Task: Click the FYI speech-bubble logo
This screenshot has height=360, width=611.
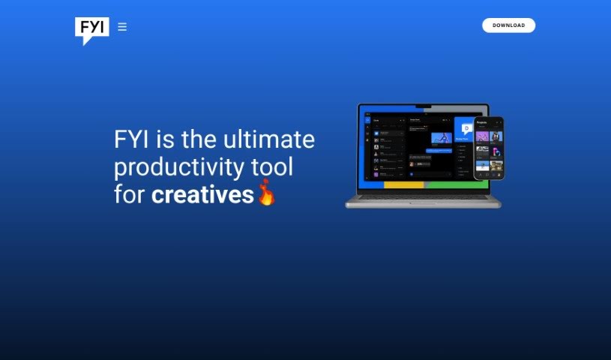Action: [x=91, y=28]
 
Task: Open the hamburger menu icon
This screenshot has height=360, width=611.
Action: [x=122, y=27]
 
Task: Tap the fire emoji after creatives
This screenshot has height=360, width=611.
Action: [x=266, y=193]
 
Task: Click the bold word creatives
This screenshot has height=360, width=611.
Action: [x=202, y=195]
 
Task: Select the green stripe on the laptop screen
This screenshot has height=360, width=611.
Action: [x=450, y=184]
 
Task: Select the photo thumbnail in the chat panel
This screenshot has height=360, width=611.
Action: [x=441, y=138]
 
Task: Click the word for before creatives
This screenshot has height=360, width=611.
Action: [x=130, y=195]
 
